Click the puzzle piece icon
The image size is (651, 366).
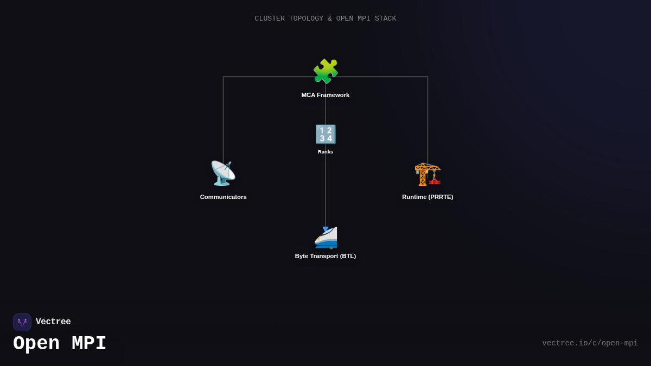[325, 72]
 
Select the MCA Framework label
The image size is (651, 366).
[325, 95]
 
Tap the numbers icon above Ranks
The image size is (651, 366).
[325, 134]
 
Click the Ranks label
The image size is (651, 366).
[325, 152]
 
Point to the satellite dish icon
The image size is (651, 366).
[223, 174]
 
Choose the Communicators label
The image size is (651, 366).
[223, 197]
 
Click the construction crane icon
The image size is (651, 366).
[427, 174]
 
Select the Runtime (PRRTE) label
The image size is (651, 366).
[427, 197]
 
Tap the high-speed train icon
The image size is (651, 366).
[325, 237]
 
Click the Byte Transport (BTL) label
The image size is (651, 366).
[325, 256]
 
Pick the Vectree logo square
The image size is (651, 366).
[22, 322]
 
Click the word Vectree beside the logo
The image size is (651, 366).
[53, 322]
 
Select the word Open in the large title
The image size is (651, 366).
[36, 344]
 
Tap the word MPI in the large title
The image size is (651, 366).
[89, 344]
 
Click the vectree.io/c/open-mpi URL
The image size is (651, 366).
[590, 343]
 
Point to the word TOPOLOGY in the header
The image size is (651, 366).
[306, 19]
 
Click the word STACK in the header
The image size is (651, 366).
[386, 19]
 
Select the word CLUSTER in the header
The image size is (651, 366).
[270, 19]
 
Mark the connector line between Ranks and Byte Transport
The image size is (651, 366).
[325, 190]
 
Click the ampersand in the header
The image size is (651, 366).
[329, 19]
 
